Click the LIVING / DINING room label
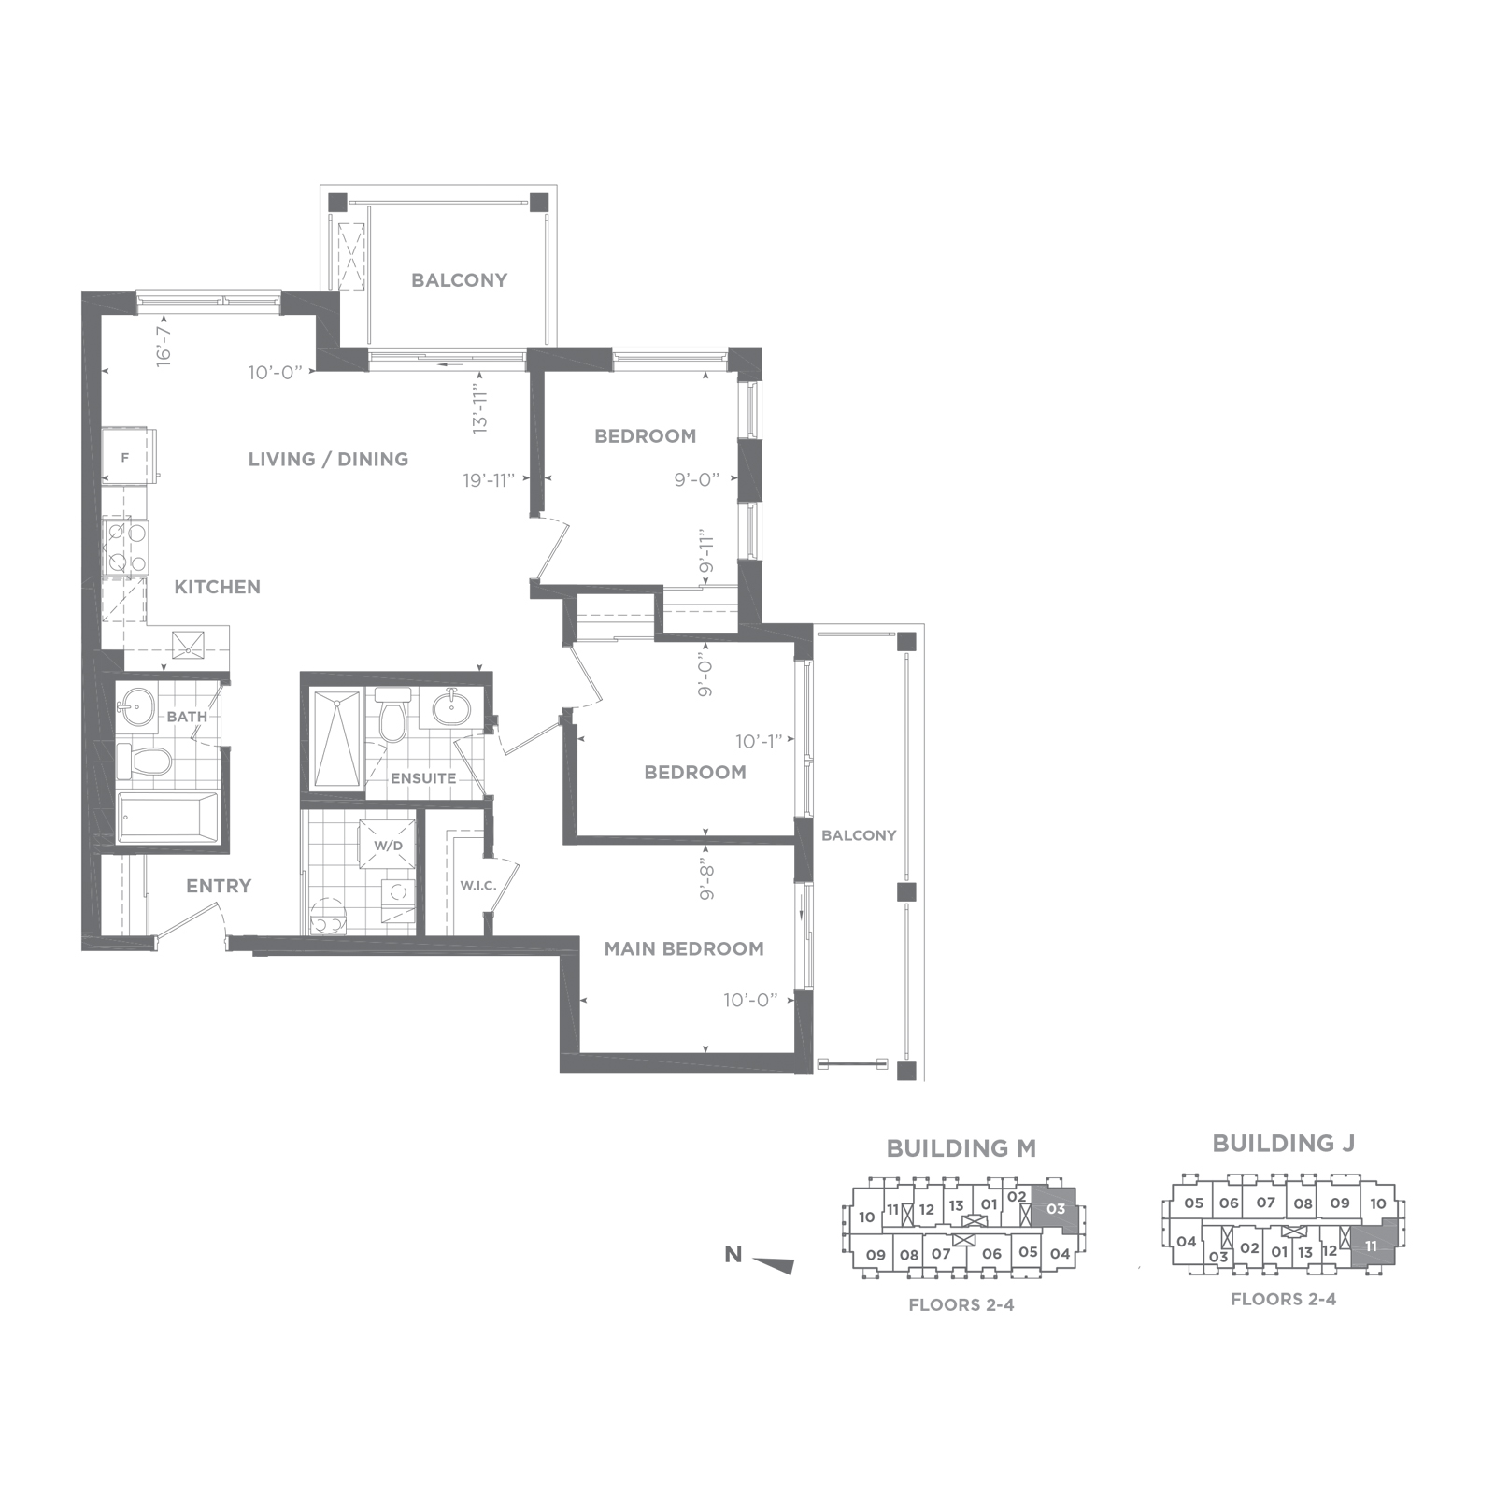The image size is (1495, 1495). click(328, 459)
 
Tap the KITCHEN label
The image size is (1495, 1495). click(218, 587)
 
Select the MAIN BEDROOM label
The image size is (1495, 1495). click(684, 948)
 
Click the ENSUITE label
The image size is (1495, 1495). click(423, 777)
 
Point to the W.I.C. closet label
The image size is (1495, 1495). click(477, 885)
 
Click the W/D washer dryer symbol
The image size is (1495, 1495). click(388, 846)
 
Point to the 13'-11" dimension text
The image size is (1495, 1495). click(480, 407)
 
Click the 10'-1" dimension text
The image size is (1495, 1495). click(759, 741)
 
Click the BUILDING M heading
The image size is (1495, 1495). click(961, 1148)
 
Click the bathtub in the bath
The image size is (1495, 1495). click(168, 819)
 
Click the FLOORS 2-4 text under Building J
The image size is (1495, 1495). click(1283, 1299)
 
